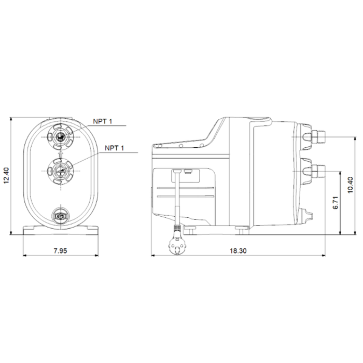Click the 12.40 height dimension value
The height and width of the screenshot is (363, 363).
coord(6,175)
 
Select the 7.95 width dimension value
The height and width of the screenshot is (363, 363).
coord(60,250)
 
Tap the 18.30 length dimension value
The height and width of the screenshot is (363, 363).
coord(238,250)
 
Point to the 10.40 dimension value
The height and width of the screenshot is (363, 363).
coord(350,185)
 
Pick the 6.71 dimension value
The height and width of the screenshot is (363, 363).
coord(336,203)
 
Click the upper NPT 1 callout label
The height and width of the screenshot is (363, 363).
coord(103,121)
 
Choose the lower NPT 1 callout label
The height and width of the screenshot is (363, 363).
coord(115,148)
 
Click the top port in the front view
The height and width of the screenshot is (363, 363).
coord(61,137)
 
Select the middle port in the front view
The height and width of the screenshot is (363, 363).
coord(61,171)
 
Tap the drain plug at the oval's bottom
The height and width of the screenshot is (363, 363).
coord(61,216)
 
